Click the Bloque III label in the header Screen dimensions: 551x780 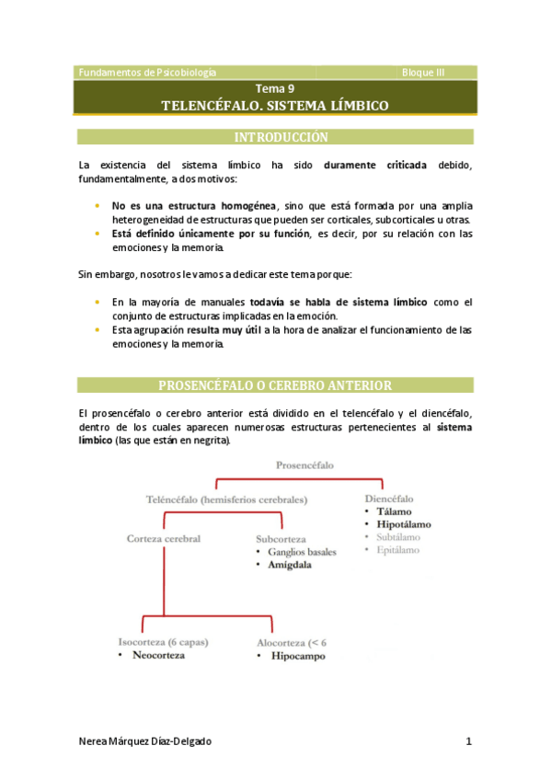point(423,72)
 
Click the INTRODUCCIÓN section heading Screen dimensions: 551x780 point(275,137)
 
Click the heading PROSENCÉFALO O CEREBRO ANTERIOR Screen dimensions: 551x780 point(275,385)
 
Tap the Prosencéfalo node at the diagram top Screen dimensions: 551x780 point(304,465)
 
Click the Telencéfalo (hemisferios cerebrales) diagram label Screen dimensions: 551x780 point(226,499)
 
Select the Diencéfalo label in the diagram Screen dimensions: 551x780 point(389,498)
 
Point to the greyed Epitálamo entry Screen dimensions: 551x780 point(397,550)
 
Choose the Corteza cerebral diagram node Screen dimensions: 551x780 point(163,538)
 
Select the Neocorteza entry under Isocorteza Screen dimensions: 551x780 point(158,656)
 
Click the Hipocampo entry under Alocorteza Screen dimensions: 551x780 point(297,657)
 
